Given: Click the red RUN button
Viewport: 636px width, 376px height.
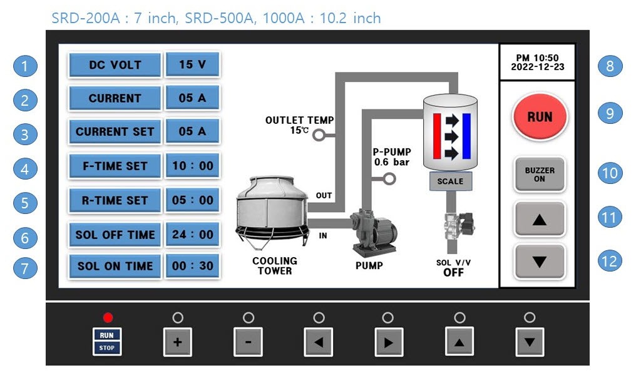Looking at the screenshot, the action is pyautogui.click(x=540, y=117).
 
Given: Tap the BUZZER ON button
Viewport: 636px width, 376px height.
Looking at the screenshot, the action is pyautogui.click(x=540, y=175).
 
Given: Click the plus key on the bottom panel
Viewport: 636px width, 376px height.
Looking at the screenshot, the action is pyautogui.click(x=178, y=342).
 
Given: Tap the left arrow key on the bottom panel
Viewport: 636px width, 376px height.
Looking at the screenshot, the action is pyautogui.click(x=319, y=342).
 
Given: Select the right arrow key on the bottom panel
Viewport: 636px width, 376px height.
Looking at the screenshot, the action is pyautogui.click(x=388, y=342).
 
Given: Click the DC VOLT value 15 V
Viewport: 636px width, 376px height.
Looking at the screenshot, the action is pyautogui.click(x=193, y=64).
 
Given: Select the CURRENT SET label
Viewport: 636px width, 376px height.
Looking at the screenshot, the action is pyautogui.click(x=115, y=131).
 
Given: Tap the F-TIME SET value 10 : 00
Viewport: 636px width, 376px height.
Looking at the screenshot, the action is pyautogui.click(x=193, y=166).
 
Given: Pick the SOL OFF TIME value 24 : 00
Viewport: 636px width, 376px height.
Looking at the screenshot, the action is pyautogui.click(x=193, y=234).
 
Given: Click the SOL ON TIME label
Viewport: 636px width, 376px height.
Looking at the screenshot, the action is pyautogui.click(x=115, y=266).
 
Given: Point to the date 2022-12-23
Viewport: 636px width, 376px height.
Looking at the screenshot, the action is pyautogui.click(x=538, y=68).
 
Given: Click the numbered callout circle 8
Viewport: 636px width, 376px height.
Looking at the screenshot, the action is pyautogui.click(x=610, y=66).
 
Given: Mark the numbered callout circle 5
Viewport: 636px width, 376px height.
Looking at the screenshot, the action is pyautogui.click(x=25, y=203).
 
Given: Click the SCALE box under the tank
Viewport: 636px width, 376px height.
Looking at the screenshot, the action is pyautogui.click(x=451, y=181).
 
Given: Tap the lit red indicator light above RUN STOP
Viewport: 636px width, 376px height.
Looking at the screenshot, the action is pyautogui.click(x=108, y=317).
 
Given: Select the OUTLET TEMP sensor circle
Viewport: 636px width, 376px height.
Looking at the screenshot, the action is pyautogui.click(x=319, y=135).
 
